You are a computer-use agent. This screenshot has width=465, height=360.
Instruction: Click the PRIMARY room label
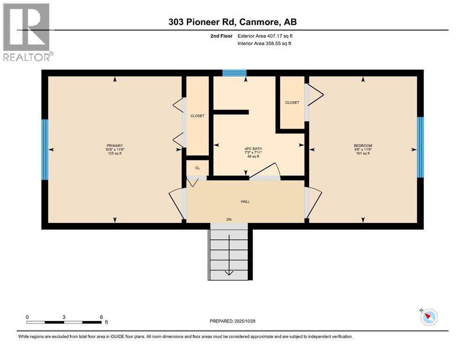[115, 146]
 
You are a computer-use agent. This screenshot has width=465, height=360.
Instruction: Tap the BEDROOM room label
[362, 146]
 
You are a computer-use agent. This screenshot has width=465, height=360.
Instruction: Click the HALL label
[245, 202]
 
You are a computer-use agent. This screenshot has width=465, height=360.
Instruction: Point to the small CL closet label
[197, 168]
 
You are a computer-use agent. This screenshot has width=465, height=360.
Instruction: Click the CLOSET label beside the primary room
[197, 116]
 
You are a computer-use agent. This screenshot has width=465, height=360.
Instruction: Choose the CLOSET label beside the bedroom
[292, 103]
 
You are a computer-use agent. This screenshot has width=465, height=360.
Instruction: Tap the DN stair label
[229, 219]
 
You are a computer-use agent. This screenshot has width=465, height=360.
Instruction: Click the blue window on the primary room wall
[45, 150]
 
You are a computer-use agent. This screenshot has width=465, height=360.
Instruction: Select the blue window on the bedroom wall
[421, 147]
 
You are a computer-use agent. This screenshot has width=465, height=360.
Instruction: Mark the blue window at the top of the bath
[234, 73]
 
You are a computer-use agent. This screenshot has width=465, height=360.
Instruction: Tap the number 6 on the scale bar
[101, 316]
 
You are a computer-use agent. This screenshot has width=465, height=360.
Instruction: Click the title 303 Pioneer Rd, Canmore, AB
[232, 22]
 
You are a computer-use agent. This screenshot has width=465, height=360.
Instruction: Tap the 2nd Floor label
[221, 36]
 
